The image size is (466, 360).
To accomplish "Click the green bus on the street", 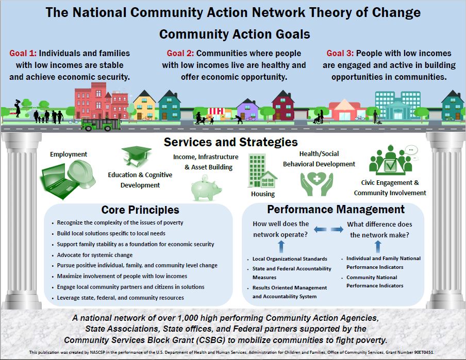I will coord(102,124).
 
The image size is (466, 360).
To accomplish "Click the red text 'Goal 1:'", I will coord(23,54).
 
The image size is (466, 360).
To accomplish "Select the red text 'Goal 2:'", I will coord(181,54).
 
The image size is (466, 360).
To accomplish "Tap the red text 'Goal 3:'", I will coord(341,54).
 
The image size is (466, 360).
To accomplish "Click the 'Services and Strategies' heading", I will coord(230,142).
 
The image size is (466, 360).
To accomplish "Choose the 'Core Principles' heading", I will coord(140,210).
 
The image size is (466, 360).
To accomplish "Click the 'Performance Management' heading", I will coord(336,209).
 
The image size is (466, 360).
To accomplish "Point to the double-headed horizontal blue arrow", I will coord(328,229).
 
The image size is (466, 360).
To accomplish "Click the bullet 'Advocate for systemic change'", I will coord(95,255).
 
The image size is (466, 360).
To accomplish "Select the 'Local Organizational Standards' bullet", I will coord(290,259).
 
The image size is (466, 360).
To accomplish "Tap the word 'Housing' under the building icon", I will coord(263,194).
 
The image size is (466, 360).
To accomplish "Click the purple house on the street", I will coord(248,109).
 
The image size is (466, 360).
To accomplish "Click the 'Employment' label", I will coord(69,154).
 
